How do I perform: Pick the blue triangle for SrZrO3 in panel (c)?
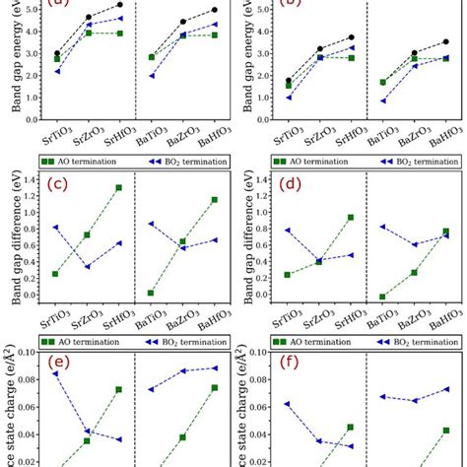tap(87, 267)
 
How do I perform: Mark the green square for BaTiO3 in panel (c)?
tap(151, 293)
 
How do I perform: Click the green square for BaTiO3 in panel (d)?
tap(382, 297)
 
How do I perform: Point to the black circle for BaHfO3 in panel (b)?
tap(445, 41)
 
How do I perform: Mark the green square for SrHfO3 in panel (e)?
tap(118, 389)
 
